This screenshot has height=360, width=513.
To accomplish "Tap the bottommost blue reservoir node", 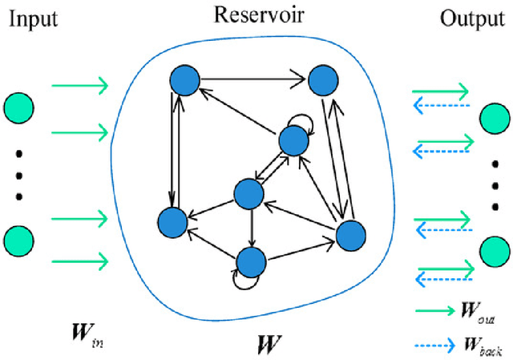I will (251, 261).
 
